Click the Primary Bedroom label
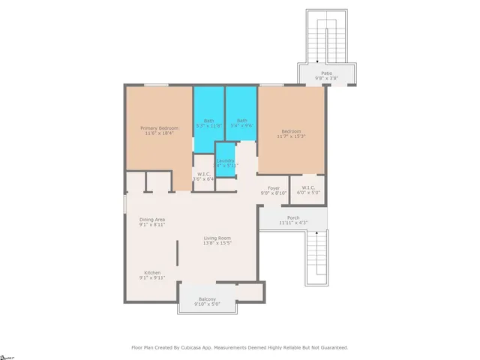coord(159,128)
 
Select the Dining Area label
coord(152,219)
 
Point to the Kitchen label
coord(152,272)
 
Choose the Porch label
coord(292,217)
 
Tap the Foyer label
coord(273,187)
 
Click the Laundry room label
coord(226,160)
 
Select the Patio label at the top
coord(326,73)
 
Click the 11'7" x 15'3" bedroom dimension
coord(291,136)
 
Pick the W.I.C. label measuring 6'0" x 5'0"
coord(309,187)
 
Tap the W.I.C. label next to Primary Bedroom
coord(203,174)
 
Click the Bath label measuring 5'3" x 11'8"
coord(209,121)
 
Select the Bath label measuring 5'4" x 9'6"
coord(241,121)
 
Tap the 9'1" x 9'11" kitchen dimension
coord(152,277)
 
